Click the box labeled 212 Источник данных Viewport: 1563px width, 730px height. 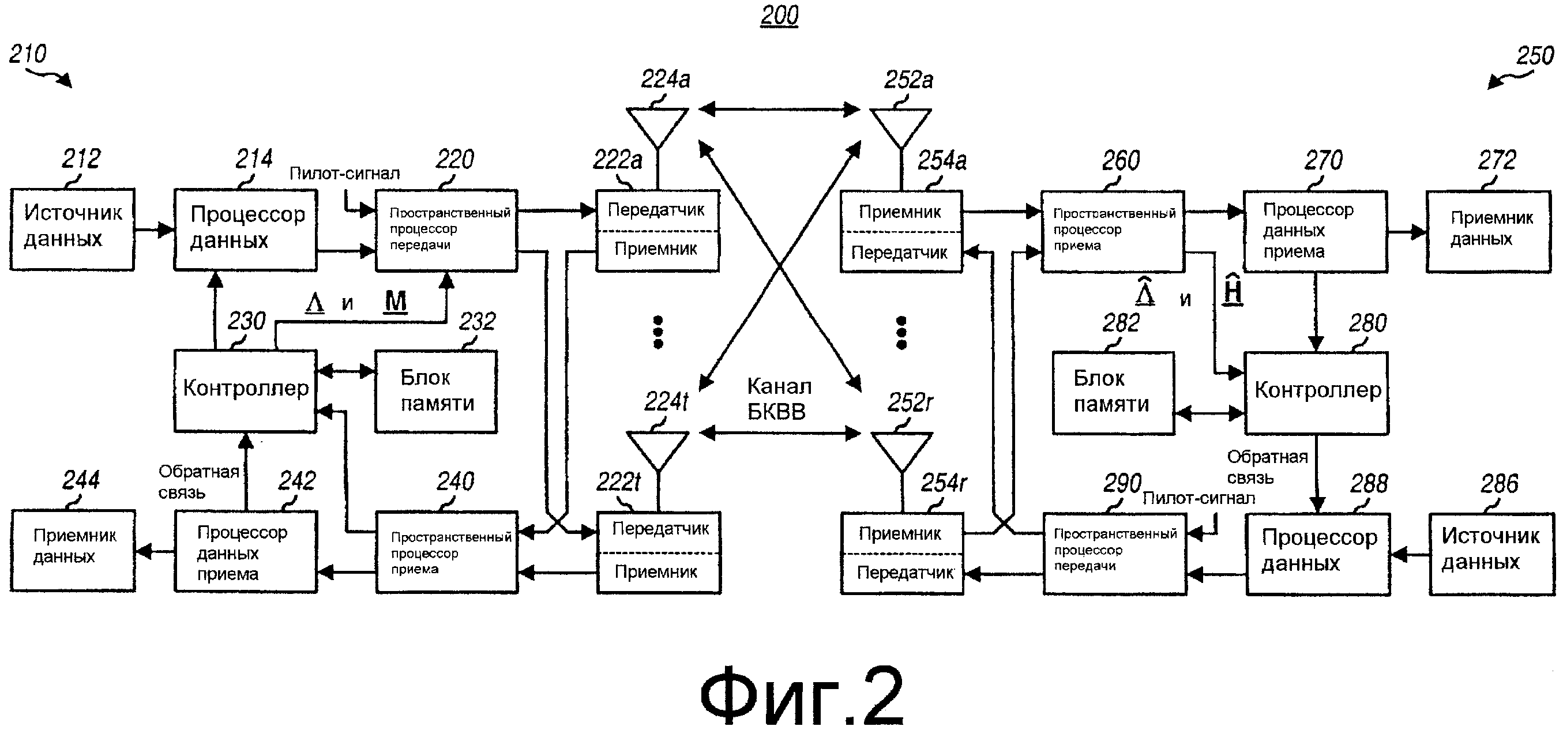72,229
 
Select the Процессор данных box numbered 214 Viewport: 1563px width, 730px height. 245,229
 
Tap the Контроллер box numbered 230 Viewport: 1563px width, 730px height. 245,390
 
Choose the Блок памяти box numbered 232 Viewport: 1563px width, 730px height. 435,391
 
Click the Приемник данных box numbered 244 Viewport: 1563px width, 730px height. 72,550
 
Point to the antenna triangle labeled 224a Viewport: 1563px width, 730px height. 657,125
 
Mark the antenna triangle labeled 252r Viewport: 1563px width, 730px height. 901,448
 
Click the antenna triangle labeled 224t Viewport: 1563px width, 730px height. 657,448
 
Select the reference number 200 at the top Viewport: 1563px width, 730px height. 779,16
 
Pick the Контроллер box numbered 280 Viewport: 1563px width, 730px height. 1317,393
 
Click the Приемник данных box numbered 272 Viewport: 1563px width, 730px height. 1488,231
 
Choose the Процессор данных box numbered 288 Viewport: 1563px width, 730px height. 1318,554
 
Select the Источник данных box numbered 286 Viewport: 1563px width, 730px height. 1491,554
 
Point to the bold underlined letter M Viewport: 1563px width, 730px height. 396,301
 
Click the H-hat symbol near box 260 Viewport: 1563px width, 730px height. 1233,291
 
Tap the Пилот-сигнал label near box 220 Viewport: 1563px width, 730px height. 345,174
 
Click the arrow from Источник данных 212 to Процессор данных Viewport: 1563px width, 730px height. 154,229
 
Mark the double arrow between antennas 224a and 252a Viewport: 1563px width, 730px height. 779,109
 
